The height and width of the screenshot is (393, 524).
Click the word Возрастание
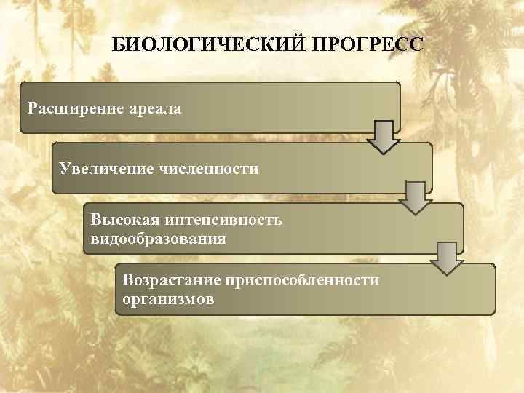pos(172,280)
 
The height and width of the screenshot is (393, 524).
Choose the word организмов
pos(168,299)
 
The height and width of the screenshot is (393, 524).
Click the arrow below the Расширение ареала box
pos(384,136)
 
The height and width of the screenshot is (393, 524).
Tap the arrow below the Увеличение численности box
pos(416,197)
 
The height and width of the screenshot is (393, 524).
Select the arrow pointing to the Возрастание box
pos(447,258)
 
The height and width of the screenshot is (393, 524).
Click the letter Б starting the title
pos(117,45)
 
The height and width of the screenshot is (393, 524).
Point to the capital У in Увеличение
pos(65,170)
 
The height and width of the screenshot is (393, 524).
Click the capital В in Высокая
pos(96,219)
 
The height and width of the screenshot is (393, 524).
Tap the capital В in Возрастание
pos(128,280)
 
